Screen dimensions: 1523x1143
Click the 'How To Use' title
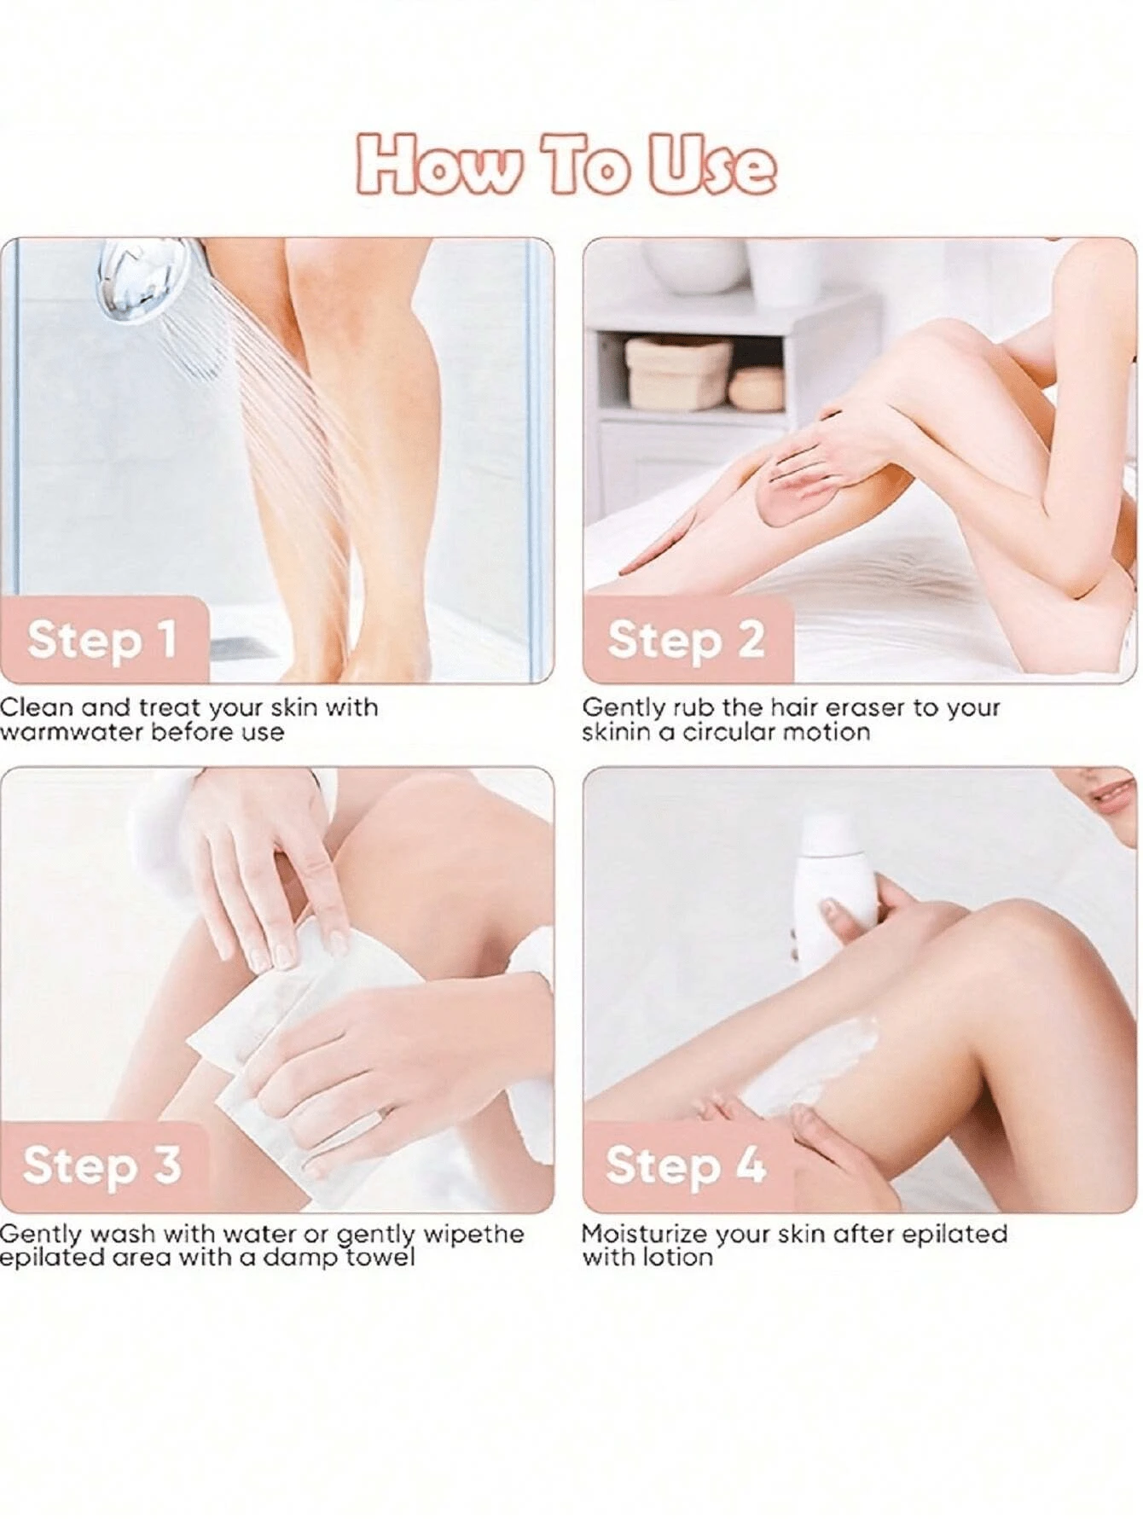coord(566,165)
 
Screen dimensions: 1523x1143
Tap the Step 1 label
coord(102,639)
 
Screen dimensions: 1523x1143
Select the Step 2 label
coord(686,640)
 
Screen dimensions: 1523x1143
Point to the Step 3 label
coord(102,1165)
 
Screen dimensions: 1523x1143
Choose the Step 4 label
coord(686,1165)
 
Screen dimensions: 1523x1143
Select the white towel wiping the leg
coord(281,1049)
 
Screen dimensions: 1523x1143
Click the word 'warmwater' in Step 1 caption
coord(72,732)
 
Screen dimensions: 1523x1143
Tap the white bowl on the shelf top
coord(695,266)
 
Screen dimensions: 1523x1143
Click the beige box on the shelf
coord(678,374)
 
